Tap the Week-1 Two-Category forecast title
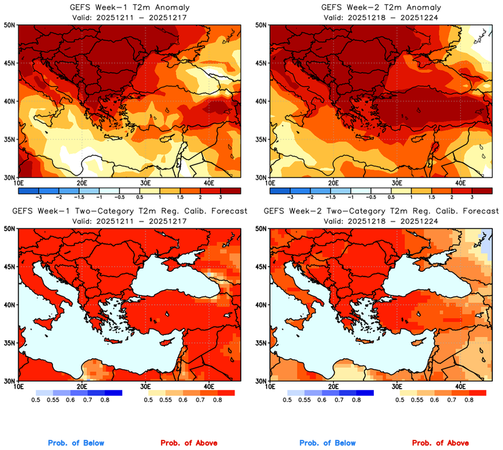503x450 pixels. (128, 211)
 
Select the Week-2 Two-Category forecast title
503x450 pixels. (380, 211)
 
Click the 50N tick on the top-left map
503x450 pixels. (10, 25)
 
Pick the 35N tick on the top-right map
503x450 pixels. (261, 139)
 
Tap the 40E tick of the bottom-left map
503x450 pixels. (209, 387)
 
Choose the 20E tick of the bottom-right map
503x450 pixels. (333, 387)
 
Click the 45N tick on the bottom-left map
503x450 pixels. (10, 266)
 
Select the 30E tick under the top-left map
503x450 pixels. (145, 183)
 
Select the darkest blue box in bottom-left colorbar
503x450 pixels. (111, 393)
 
